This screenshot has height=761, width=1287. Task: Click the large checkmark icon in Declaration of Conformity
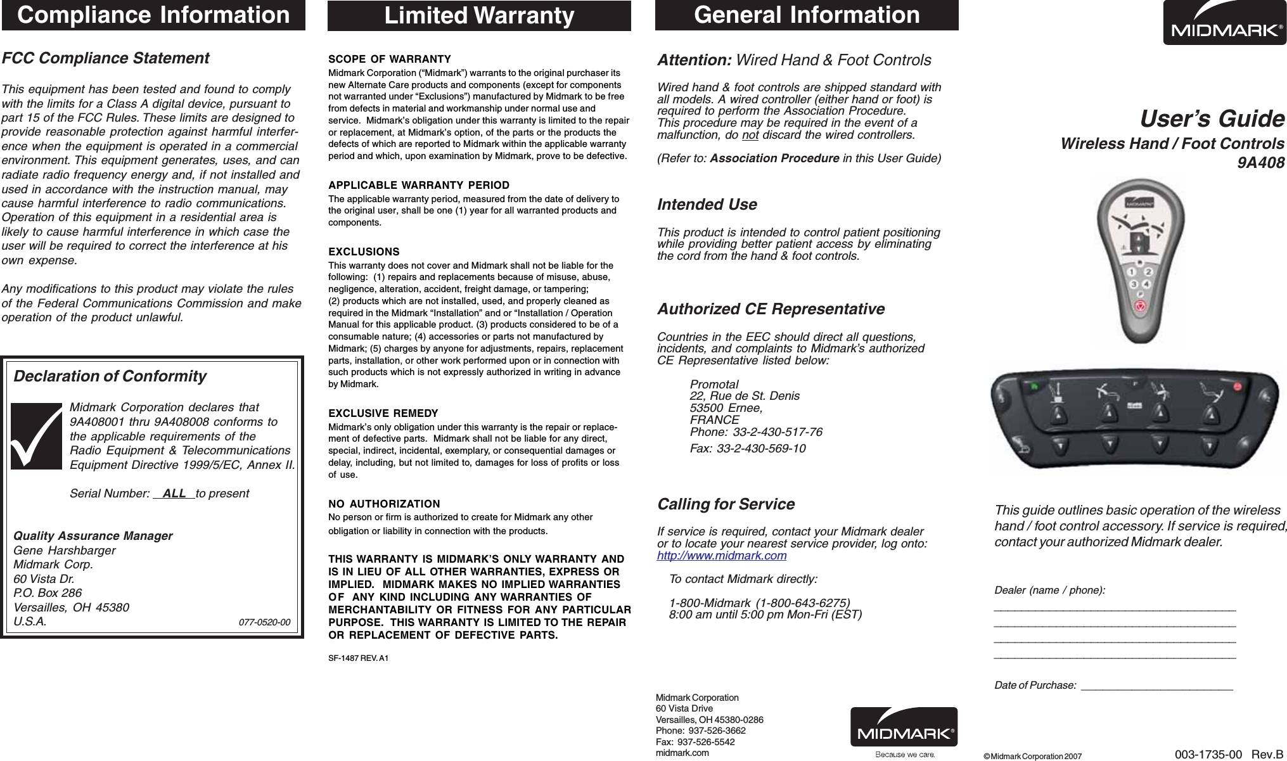37,435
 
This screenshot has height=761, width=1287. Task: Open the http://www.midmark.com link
722,556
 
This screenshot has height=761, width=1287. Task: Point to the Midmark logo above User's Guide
1224,23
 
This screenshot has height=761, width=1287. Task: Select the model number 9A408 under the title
1261,163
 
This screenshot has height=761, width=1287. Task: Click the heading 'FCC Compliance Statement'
105,58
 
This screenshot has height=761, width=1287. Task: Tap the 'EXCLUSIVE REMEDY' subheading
383,413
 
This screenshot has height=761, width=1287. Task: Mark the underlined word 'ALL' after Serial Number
174,494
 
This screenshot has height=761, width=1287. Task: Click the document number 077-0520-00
264,622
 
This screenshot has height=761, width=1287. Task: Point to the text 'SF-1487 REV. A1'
358,658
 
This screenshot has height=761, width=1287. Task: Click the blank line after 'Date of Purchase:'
1156,686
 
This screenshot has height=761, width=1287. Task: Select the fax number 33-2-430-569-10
760,449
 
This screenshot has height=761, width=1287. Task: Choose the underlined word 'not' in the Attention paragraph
750,135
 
